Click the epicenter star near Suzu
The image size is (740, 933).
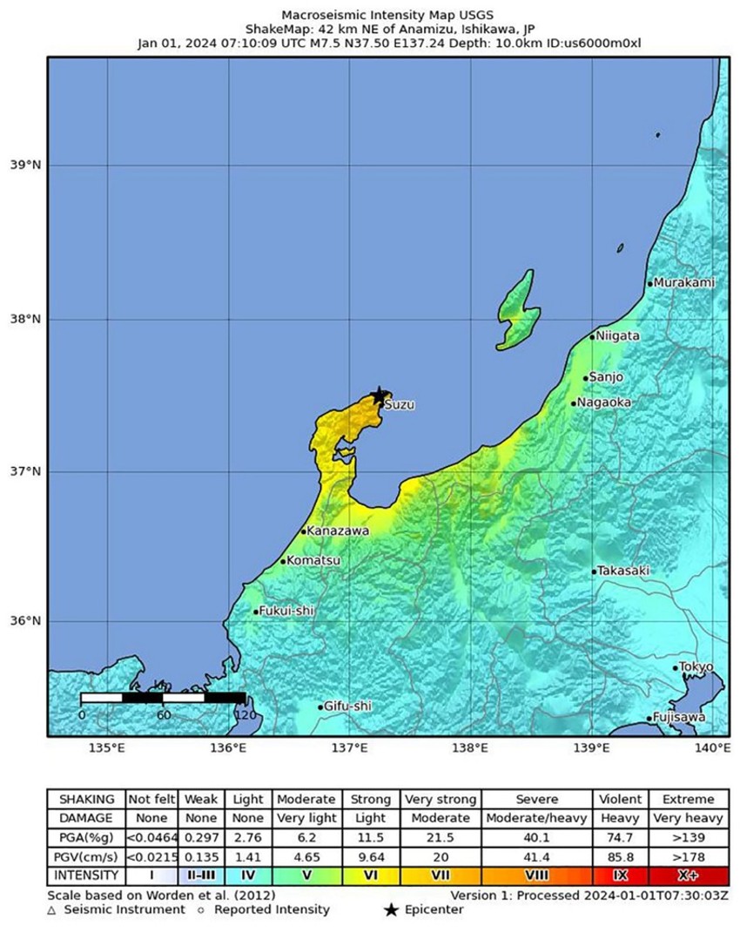(379, 396)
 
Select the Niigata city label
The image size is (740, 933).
(618, 335)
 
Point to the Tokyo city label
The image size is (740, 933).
(696, 667)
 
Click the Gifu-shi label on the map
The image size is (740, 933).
(347, 707)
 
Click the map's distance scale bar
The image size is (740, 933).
(163, 697)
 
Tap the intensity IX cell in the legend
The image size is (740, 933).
(618, 874)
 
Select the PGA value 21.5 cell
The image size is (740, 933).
(441, 836)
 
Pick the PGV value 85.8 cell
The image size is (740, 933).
(618, 855)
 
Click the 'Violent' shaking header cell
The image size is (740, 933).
(618, 799)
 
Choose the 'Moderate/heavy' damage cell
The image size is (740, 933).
(536, 818)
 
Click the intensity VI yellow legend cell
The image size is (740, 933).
(370, 874)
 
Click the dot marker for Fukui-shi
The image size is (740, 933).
(256, 612)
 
